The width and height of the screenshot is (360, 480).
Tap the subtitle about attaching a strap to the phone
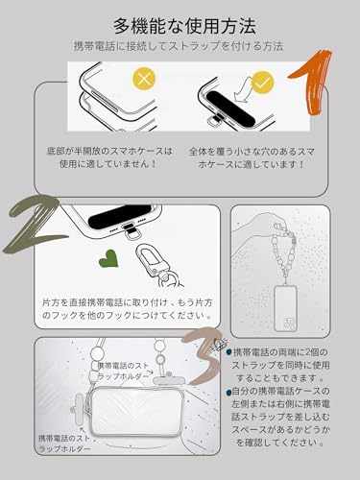click(x=180, y=46)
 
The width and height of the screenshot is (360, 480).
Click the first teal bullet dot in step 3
click(x=228, y=352)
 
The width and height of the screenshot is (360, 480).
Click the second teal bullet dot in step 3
click(x=228, y=392)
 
